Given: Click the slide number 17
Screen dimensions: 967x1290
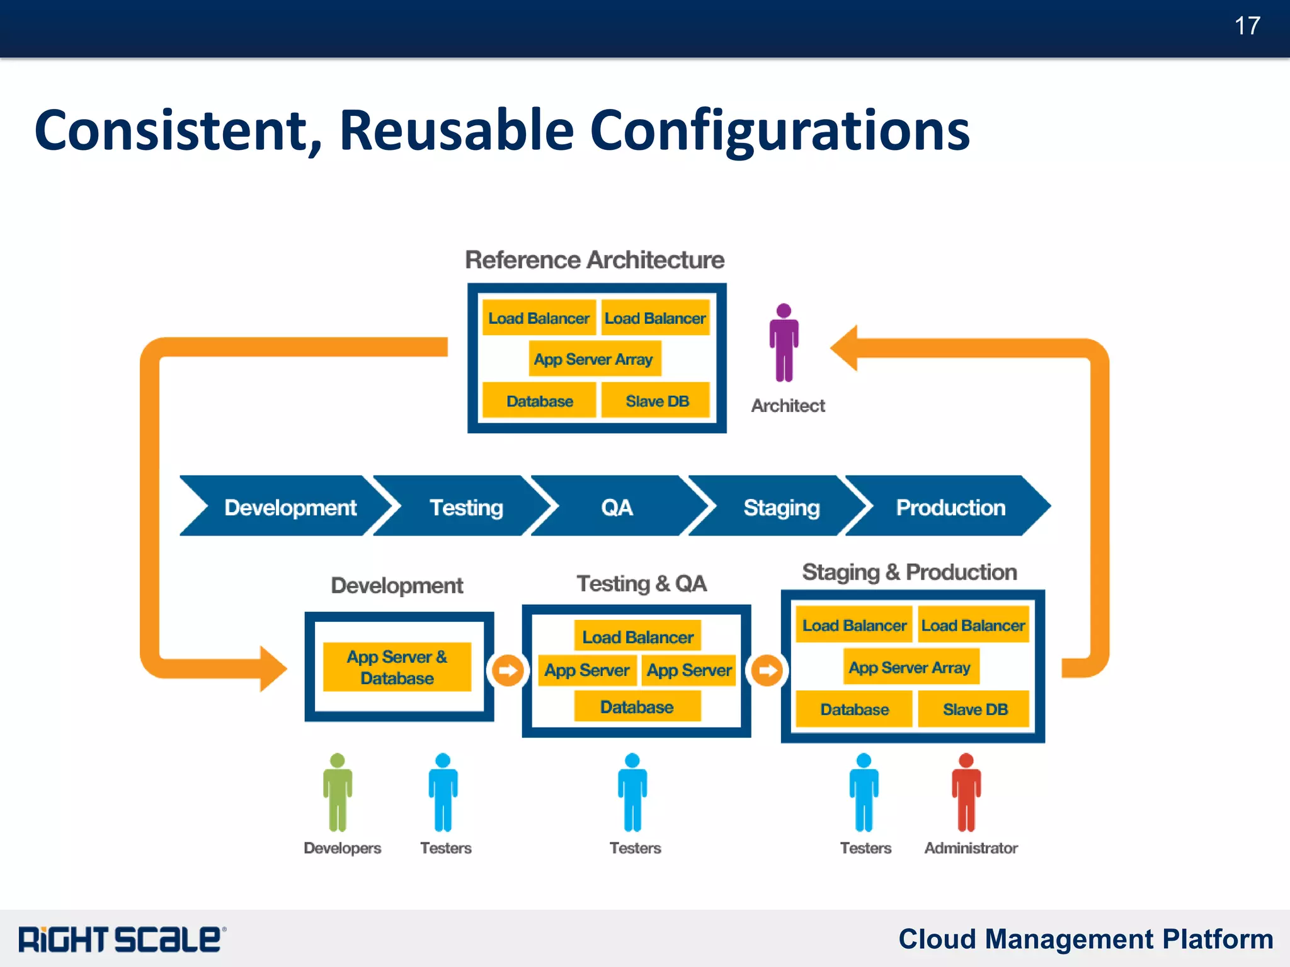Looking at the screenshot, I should (x=1247, y=26).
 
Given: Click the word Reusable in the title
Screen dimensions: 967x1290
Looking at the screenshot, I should (x=456, y=130).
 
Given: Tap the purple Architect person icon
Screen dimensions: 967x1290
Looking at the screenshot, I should (x=784, y=343).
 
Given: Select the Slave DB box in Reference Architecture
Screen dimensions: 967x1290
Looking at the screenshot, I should (x=656, y=401).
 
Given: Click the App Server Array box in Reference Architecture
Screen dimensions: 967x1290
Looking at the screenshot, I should (x=594, y=359).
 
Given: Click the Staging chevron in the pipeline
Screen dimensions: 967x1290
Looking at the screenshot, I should (x=780, y=507).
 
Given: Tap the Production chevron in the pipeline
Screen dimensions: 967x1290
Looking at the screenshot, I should (x=950, y=507).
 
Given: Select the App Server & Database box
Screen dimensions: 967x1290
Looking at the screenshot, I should (x=397, y=667).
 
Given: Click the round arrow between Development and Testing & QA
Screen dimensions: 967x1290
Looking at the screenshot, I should (x=508, y=670).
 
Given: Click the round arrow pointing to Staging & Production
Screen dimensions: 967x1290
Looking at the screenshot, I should (x=767, y=670).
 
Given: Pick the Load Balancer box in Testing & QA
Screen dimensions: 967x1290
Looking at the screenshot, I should (x=637, y=637).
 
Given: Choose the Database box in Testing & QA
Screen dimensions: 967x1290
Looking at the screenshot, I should (x=637, y=707).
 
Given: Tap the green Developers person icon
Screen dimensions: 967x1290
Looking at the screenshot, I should (x=338, y=792).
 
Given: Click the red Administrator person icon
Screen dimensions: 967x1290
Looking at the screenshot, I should (x=966, y=792).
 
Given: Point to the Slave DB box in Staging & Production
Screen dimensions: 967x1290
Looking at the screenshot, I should (x=974, y=709).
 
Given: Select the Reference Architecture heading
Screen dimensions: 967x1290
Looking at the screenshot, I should (x=594, y=260).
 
